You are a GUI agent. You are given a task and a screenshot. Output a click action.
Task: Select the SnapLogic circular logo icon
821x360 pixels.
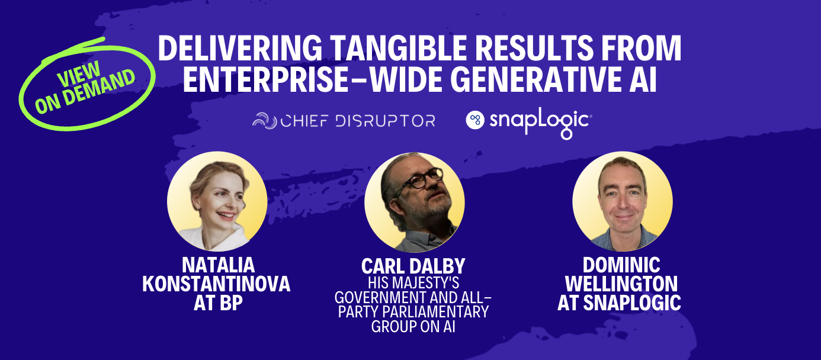475,120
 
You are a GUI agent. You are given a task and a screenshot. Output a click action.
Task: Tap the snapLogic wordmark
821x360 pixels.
539,121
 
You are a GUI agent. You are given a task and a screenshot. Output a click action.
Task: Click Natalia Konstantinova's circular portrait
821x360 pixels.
217,201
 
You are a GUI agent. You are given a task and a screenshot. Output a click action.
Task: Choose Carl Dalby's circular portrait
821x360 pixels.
414,201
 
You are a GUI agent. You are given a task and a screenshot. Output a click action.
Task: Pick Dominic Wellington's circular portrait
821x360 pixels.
622,201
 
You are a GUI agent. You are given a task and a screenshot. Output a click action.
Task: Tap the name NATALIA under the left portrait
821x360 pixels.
216,266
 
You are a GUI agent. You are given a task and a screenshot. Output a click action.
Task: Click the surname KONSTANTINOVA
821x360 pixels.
216,284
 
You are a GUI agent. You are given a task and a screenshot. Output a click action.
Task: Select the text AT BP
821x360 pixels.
217,302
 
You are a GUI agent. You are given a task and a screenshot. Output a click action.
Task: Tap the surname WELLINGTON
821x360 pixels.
621,283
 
